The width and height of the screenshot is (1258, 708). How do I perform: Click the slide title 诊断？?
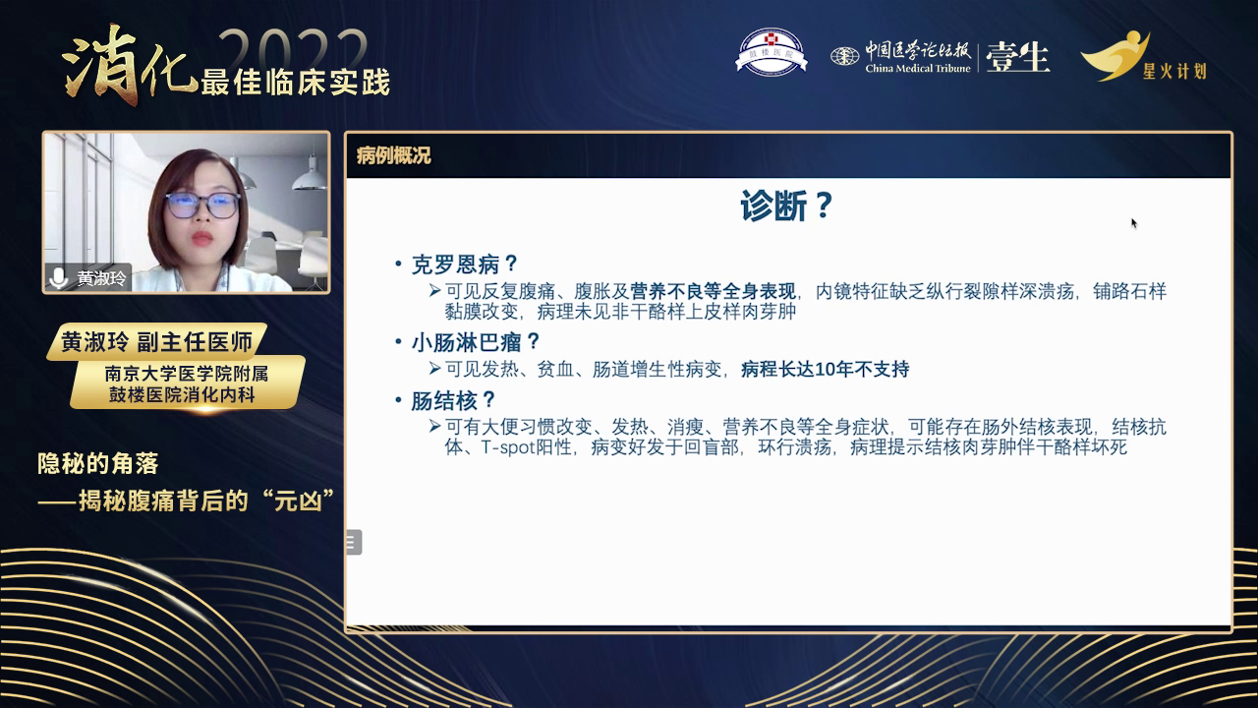(x=787, y=207)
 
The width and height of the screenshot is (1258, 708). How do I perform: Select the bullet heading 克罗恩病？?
(x=464, y=265)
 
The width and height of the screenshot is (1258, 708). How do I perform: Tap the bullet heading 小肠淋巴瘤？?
(x=477, y=342)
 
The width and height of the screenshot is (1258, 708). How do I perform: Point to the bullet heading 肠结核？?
(x=453, y=401)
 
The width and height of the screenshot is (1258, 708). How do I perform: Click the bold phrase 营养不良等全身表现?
(x=713, y=292)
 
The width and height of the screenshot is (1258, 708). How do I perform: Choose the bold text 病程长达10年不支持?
(x=825, y=370)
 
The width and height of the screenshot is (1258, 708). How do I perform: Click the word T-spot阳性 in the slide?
(x=526, y=447)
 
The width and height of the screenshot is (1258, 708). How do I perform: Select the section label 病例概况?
(x=393, y=155)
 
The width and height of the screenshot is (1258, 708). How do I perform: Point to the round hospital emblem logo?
(x=772, y=52)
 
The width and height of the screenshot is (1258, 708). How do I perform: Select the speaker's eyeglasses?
(x=202, y=206)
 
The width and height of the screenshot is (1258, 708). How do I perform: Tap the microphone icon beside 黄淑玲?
(x=60, y=277)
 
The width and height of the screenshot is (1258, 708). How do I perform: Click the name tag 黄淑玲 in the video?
(x=101, y=278)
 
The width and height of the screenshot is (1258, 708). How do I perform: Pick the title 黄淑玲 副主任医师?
(x=157, y=342)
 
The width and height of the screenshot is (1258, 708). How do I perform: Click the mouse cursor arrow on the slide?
(x=1134, y=223)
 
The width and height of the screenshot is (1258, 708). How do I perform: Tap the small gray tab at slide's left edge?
(x=354, y=542)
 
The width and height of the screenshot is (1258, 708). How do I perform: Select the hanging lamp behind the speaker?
(x=310, y=173)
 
